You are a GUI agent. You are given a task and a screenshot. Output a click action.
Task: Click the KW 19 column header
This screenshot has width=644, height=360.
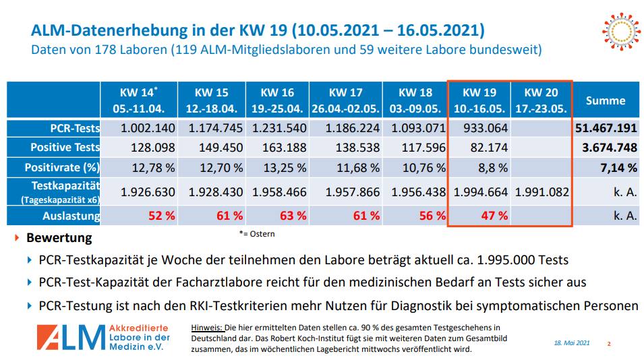click(480, 100)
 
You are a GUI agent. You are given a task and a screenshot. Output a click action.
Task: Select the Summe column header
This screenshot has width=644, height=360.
click(605, 100)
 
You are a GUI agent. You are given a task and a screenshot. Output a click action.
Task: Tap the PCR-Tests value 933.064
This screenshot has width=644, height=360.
click(480, 128)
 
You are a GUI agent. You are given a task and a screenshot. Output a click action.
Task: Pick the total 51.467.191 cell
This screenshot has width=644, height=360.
click(605, 128)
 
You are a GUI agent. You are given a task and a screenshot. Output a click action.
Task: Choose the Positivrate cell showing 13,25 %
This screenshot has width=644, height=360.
click(279, 167)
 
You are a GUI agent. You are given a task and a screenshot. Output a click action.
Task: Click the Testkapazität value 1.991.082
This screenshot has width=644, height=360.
click(541, 192)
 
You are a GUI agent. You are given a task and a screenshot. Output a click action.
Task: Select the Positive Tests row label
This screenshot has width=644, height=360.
click(65, 148)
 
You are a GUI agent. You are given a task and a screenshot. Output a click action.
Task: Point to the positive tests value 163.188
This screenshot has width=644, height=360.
click(279, 148)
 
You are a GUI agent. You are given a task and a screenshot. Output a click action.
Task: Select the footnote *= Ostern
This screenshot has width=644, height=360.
click(256, 234)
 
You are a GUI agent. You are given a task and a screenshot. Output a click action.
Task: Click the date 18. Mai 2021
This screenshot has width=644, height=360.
click(571, 343)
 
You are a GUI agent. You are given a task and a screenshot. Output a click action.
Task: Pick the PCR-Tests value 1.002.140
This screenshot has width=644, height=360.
click(148, 128)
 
